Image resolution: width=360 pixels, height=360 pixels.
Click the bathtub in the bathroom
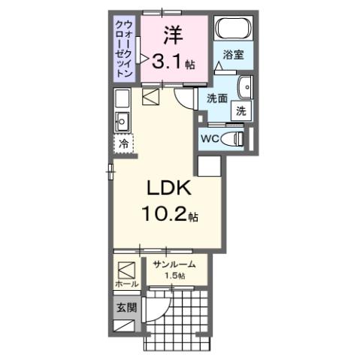click(233, 29)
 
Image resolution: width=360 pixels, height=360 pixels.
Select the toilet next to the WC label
click(237, 138)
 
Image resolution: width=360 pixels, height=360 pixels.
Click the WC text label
click(210, 139)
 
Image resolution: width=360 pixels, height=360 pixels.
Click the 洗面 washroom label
click(217, 98)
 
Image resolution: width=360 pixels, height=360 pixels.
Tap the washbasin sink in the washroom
click(245, 87)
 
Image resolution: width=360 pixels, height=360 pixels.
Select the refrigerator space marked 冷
click(122, 142)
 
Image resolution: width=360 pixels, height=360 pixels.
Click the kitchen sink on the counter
click(123, 120)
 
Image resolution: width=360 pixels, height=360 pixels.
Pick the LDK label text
click(166, 188)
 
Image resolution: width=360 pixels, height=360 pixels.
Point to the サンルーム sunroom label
click(174, 264)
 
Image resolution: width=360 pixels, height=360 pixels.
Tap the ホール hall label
click(126, 284)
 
